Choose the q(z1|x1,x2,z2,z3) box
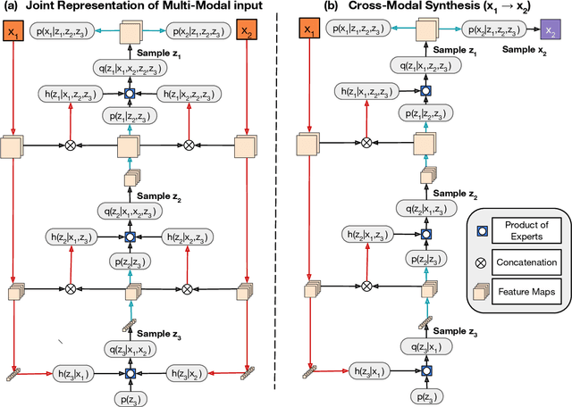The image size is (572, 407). point(131,67)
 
